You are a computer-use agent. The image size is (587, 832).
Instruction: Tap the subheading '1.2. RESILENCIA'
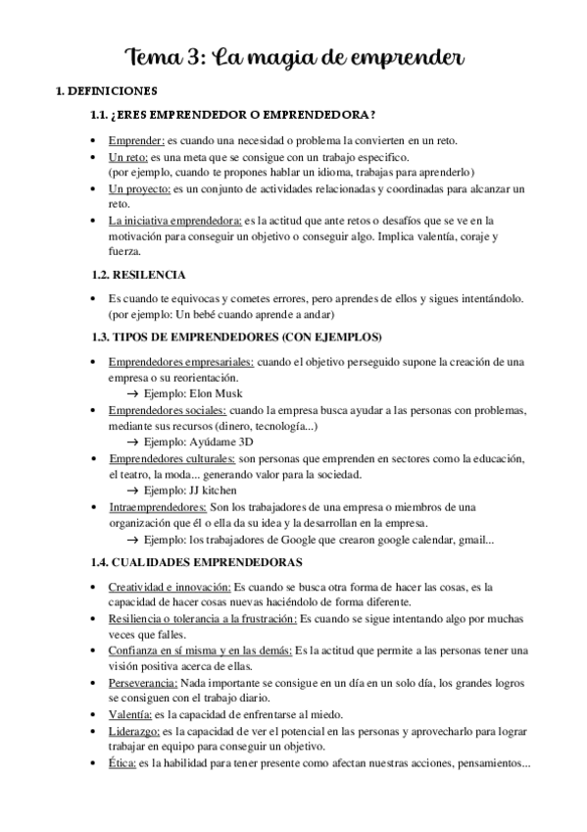click(x=138, y=274)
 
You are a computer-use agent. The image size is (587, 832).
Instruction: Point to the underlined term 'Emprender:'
click(x=136, y=140)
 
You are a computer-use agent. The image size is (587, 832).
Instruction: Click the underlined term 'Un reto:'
click(x=129, y=157)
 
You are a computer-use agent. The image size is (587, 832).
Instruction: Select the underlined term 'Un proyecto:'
click(x=140, y=188)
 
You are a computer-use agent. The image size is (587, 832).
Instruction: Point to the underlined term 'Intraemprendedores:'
click(x=157, y=506)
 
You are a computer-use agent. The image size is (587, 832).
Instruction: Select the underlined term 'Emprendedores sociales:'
click(x=168, y=410)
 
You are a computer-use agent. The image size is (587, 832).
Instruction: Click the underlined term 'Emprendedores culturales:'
click(x=171, y=458)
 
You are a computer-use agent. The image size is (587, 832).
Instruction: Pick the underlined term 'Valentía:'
click(x=131, y=714)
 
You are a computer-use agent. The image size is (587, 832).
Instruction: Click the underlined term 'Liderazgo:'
click(x=135, y=731)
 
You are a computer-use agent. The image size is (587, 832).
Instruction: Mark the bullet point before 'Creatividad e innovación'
click(x=91, y=587)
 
